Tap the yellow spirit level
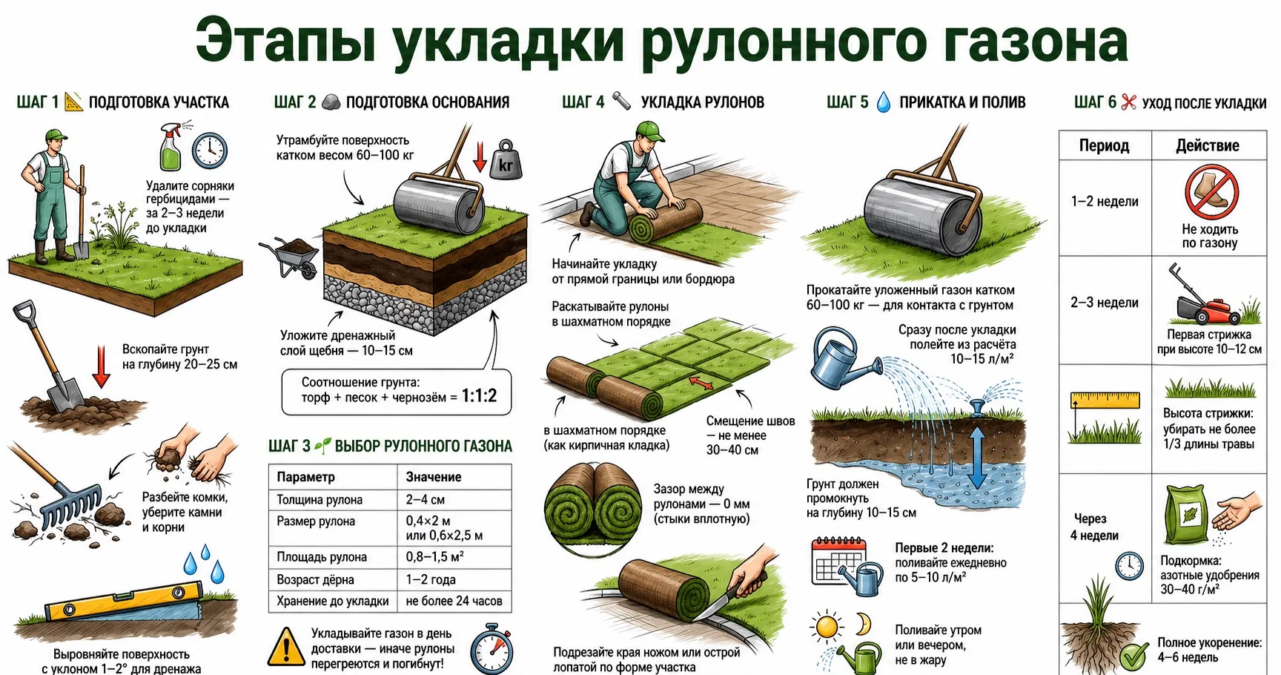click(122, 602)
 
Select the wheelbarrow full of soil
click(290, 257)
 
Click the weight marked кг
click(506, 160)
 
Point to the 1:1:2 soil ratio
click(479, 396)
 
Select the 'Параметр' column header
click(305, 477)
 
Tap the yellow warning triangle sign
click(285, 648)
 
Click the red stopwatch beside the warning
click(491, 650)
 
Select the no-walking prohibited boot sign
click(1211, 191)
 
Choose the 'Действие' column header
click(1207, 145)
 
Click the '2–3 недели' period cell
click(1104, 303)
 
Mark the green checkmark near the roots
click(1134, 656)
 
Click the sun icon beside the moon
click(827, 628)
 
